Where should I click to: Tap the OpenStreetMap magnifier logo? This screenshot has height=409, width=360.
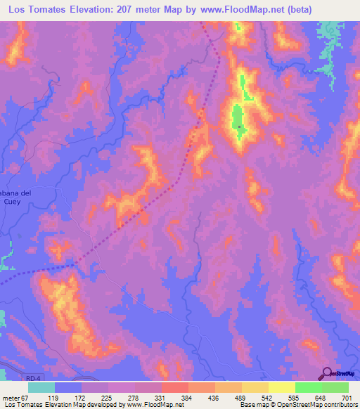pos(328,373)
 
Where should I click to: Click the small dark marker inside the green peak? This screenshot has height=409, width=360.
pos(240,127)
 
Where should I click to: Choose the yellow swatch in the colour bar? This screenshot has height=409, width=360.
pos(281,387)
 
